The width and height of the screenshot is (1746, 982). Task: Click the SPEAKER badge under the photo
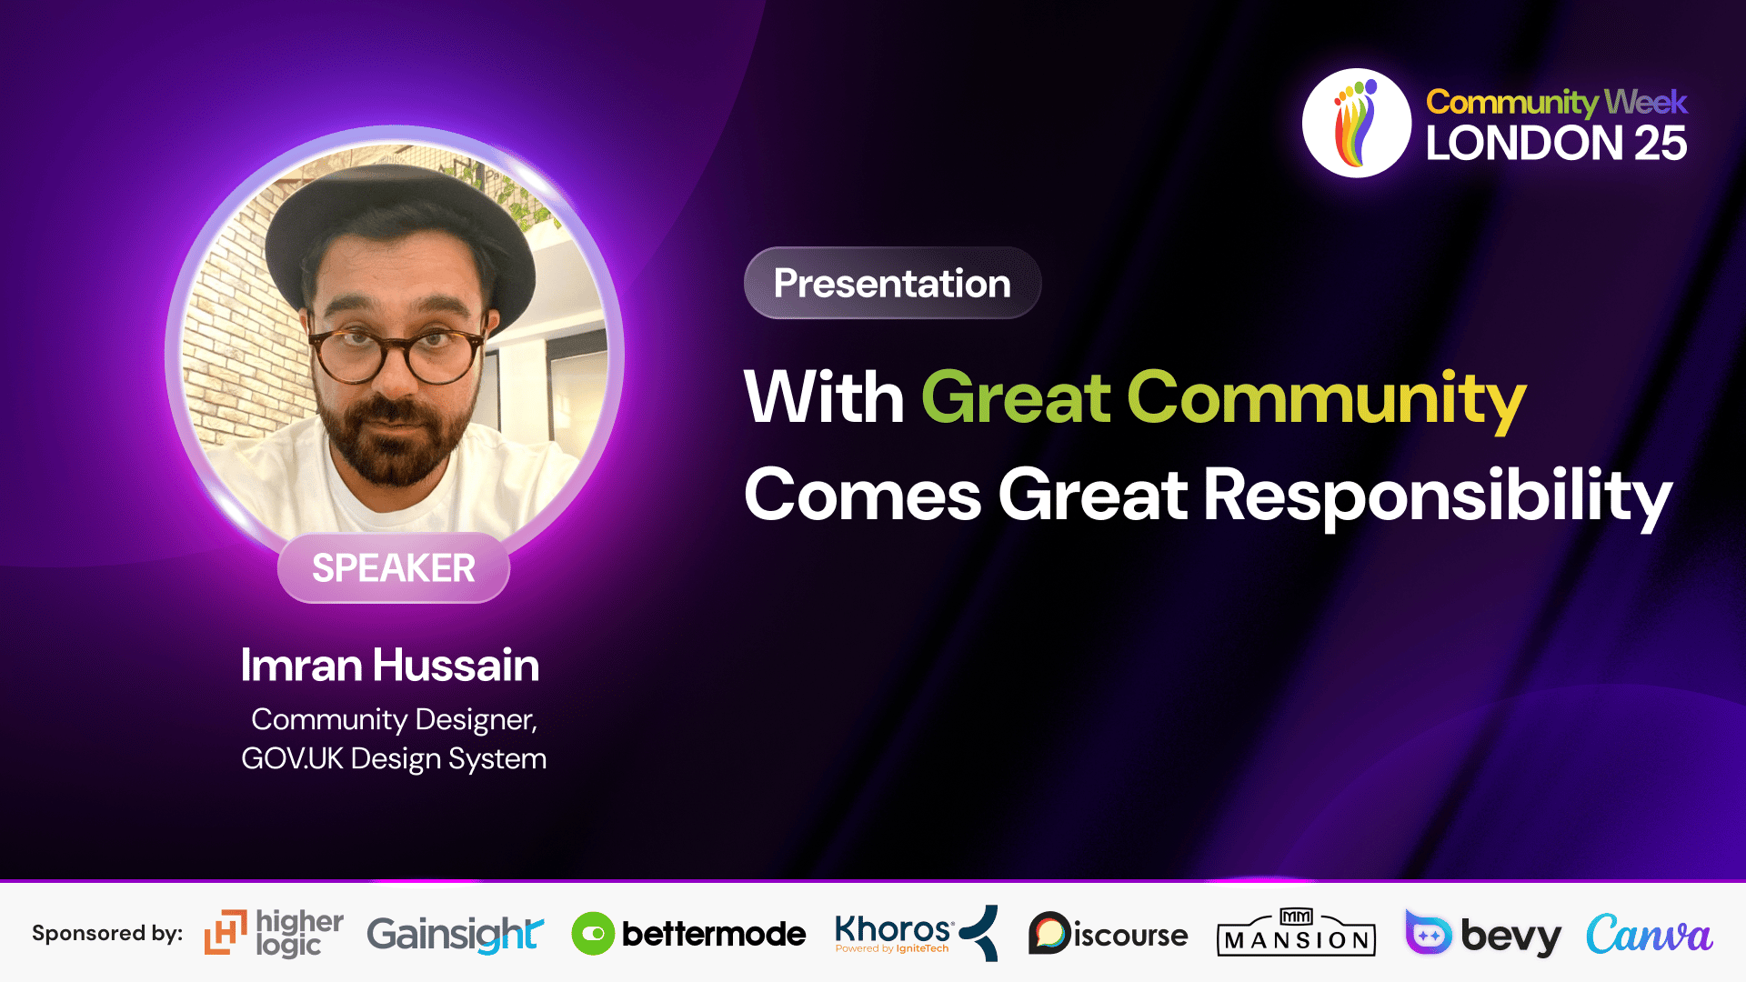tap(394, 567)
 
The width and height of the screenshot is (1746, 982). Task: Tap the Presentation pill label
tap(892, 283)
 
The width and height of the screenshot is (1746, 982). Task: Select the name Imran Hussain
tap(390, 665)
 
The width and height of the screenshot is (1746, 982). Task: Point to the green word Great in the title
tap(1017, 397)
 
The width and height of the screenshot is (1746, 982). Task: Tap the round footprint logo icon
tap(1357, 123)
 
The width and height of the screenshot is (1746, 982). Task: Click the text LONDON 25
tap(1556, 143)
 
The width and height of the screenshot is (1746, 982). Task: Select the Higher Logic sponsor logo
tap(274, 933)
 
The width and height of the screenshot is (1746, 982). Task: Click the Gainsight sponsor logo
tap(455, 934)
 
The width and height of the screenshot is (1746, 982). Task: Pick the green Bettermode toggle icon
tap(593, 934)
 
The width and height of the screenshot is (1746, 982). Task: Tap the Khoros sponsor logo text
tap(893, 930)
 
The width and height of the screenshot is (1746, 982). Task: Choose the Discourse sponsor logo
tap(1108, 933)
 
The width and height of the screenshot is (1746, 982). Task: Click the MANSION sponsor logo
tap(1296, 932)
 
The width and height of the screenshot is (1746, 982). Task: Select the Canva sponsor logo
tap(1649, 934)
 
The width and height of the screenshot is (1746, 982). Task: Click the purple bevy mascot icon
tap(1429, 932)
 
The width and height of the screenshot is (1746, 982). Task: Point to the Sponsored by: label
tap(107, 934)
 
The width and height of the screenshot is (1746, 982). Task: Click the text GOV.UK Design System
tap(394, 758)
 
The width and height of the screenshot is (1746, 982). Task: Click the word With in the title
tap(824, 397)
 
